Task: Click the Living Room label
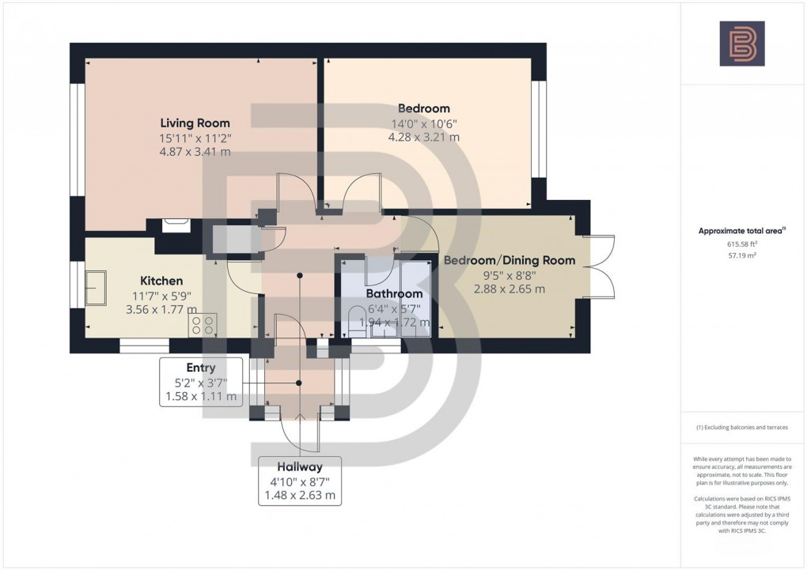point(195,123)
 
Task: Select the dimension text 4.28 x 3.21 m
point(423,137)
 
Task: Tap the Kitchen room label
point(161,281)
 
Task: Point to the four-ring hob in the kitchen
point(203,326)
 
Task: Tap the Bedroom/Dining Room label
point(509,260)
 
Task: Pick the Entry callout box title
point(200,368)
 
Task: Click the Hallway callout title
point(300,466)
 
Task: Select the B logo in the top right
point(742,43)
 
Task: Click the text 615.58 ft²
point(742,244)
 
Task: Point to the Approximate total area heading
point(741,231)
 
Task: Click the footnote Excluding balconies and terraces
point(742,427)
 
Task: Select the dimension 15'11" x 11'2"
point(195,138)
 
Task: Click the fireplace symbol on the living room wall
point(176,225)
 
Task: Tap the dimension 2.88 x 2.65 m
point(509,289)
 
